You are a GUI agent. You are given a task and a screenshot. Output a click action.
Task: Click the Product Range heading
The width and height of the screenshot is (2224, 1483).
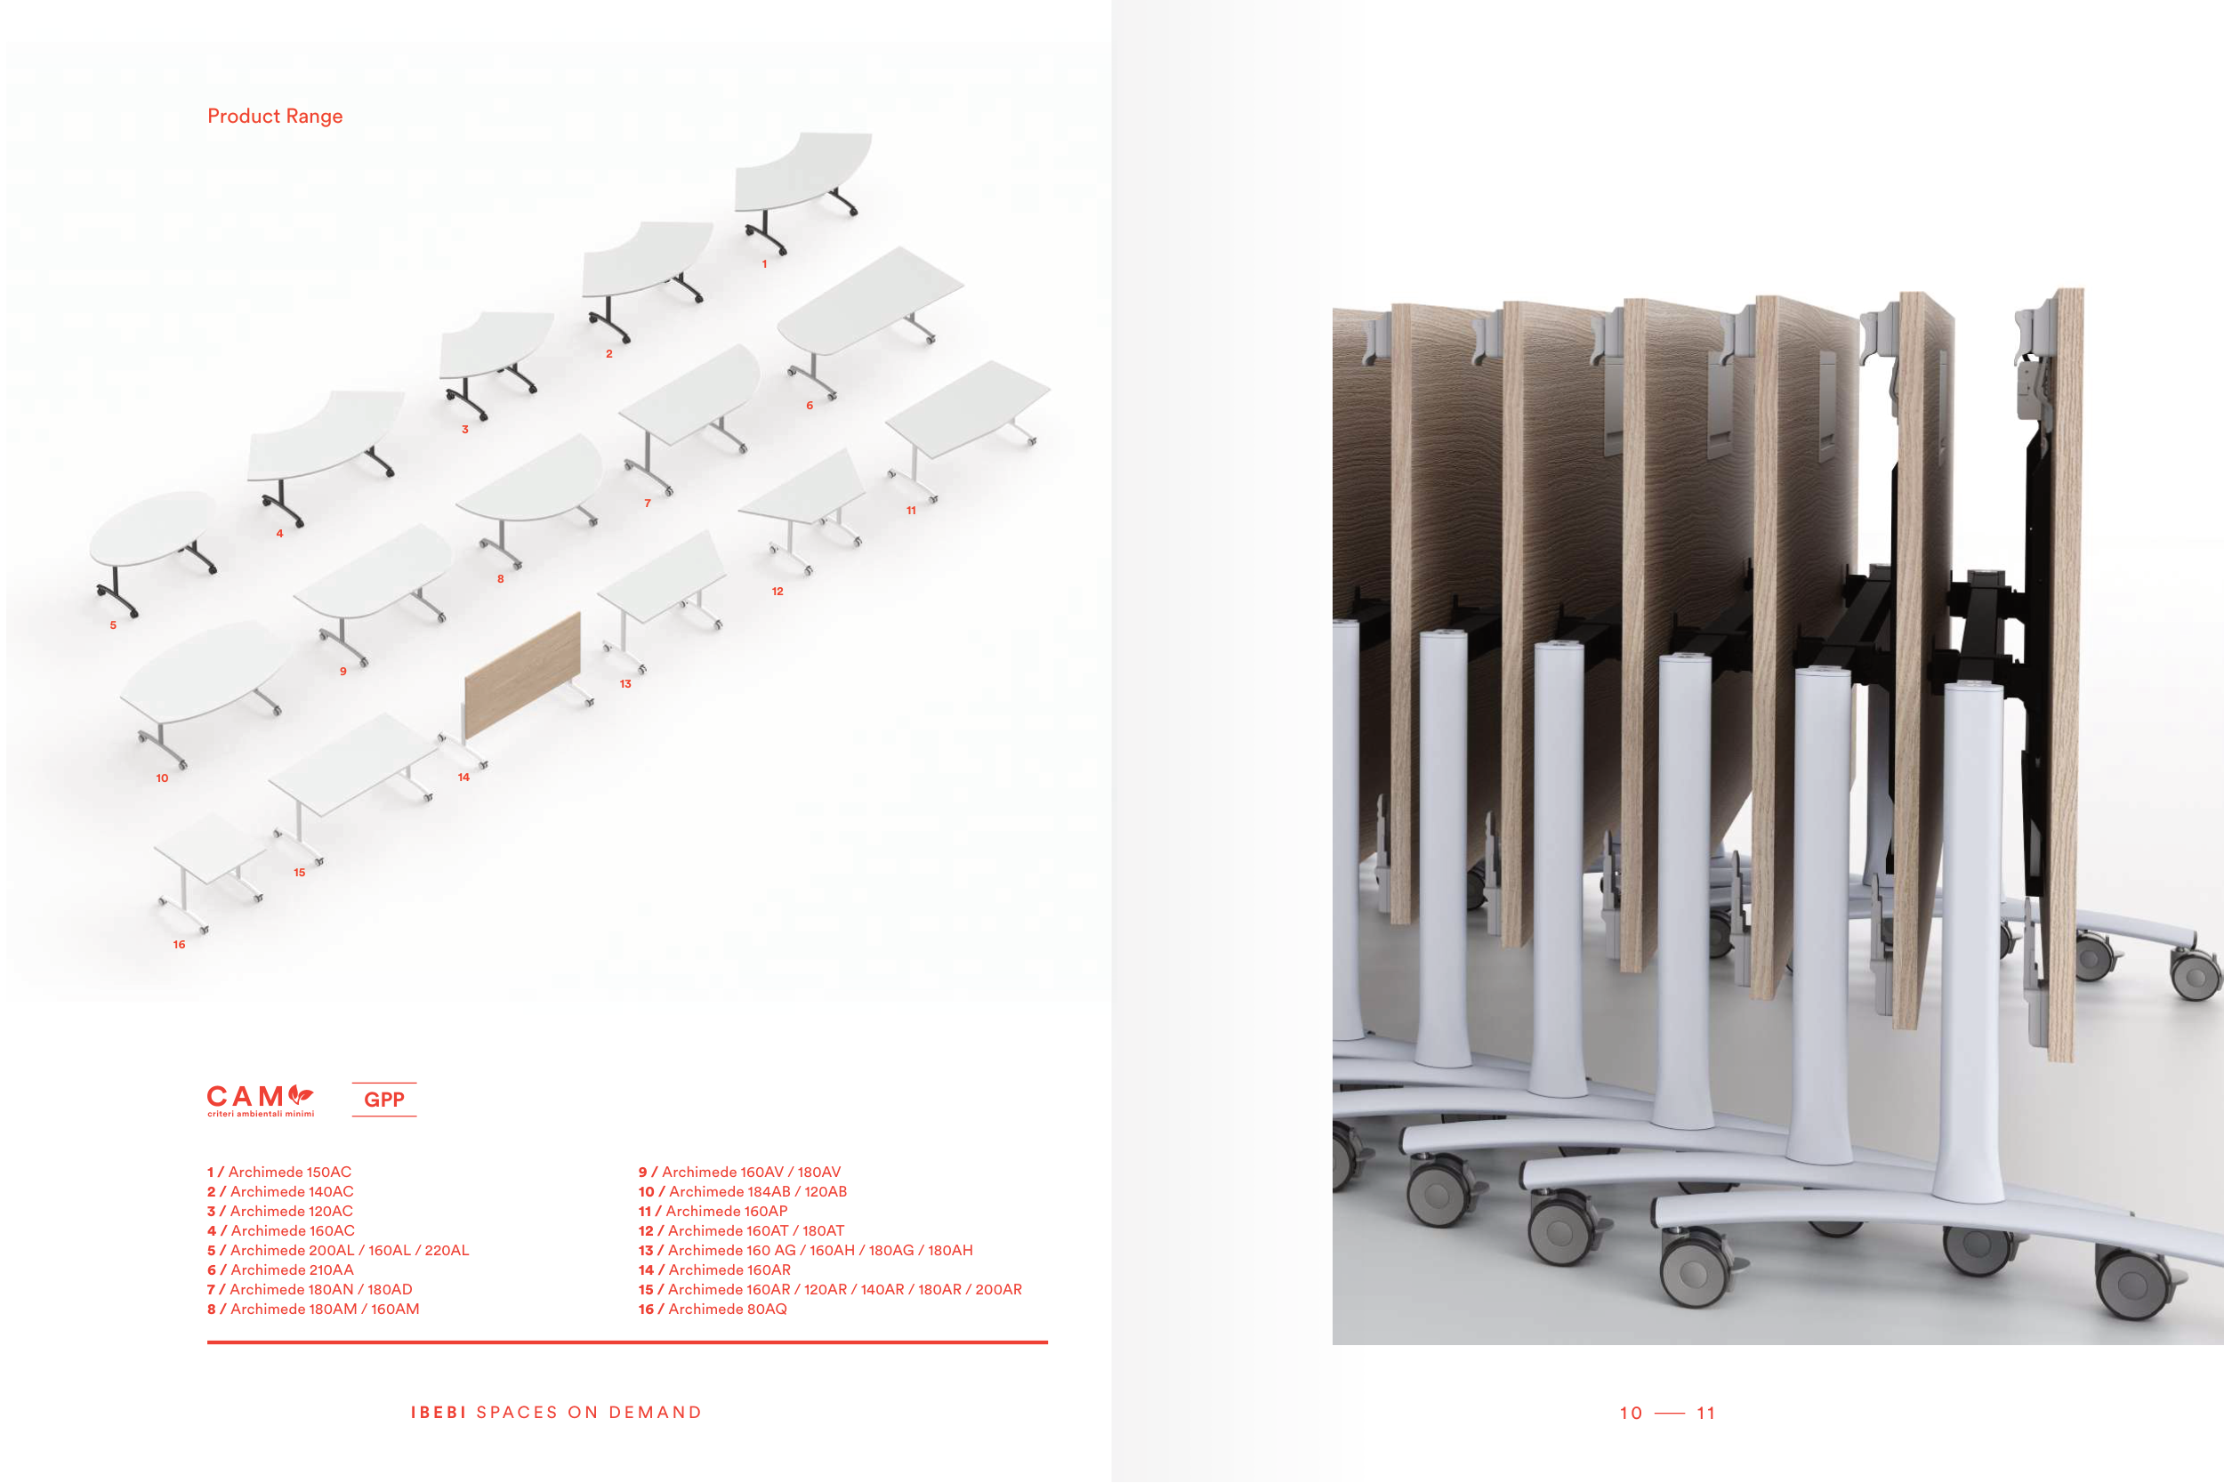(x=274, y=117)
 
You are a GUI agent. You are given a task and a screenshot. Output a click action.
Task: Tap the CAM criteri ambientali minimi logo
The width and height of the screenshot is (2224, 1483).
(x=260, y=1099)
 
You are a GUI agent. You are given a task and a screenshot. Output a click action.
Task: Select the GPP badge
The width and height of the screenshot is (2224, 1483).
(x=384, y=1099)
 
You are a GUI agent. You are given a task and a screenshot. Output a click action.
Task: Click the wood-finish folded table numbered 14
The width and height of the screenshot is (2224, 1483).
(x=522, y=673)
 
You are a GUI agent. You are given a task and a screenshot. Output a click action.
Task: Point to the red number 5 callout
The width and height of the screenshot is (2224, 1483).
(x=114, y=625)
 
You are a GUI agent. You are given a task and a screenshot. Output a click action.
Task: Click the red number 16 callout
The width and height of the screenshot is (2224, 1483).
(x=179, y=945)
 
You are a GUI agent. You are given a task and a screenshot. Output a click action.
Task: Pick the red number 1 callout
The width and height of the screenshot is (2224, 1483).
(x=764, y=264)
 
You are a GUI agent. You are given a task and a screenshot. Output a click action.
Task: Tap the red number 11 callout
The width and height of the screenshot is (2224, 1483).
(x=911, y=511)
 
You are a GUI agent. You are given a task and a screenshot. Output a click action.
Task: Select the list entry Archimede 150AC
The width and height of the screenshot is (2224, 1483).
(x=280, y=1172)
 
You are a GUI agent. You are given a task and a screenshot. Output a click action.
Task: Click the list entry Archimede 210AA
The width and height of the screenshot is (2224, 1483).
(x=281, y=1270)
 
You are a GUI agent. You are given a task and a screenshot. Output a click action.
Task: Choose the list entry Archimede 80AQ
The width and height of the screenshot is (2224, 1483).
(x=713, y=1309)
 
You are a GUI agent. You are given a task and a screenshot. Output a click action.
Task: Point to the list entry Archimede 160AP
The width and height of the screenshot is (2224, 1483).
(x=713, y=1212)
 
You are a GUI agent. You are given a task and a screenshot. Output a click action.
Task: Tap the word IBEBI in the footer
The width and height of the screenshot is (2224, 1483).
(x=439, y=1412)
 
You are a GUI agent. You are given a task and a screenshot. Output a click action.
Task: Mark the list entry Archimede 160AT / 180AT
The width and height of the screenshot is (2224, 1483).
(x=741, y=1230)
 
